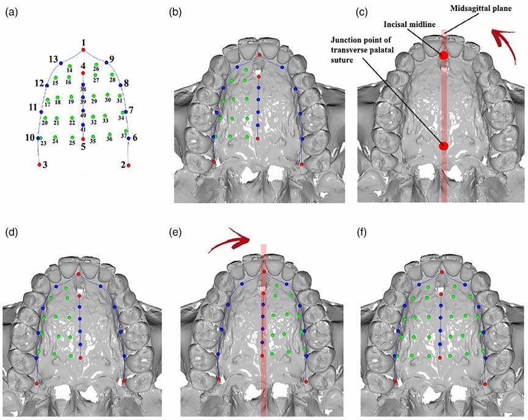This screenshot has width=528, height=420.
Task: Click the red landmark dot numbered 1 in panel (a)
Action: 84,49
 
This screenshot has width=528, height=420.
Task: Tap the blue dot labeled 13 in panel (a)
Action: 61,63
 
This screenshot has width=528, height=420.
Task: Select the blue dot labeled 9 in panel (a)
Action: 106,62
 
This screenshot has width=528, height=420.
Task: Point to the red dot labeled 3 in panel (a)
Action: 40,165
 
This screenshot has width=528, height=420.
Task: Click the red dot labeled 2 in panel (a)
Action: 128,165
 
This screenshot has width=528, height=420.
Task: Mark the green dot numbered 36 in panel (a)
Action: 109,134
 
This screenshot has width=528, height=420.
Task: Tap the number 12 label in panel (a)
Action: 39,83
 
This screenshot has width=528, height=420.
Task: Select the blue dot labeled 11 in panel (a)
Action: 41,112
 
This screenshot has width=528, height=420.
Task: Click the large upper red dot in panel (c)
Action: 444,55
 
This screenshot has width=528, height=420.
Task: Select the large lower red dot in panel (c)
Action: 444,146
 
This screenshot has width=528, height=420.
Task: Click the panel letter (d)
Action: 10,232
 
